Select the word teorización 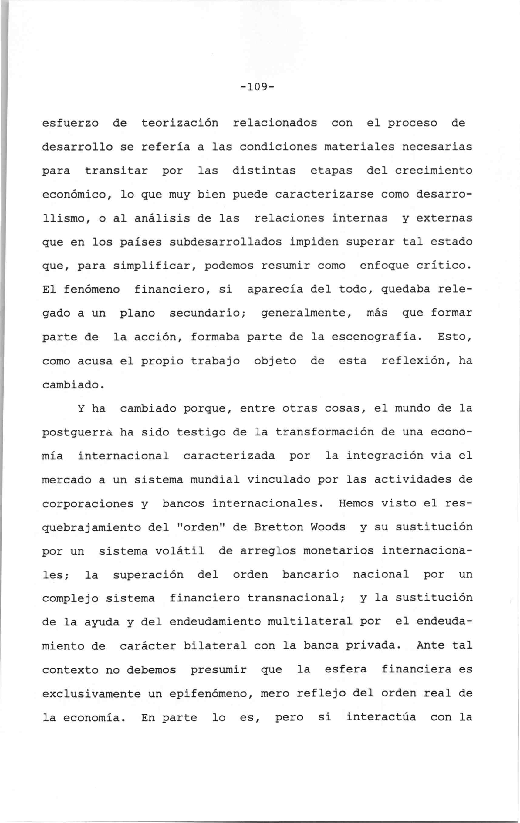(180, 123)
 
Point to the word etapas (331, 171)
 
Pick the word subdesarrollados (226, 242)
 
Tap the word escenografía (374, 337)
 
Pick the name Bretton (279, 527)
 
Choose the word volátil (180, 551)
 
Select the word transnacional (293, 598)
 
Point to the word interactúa (381, 717)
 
